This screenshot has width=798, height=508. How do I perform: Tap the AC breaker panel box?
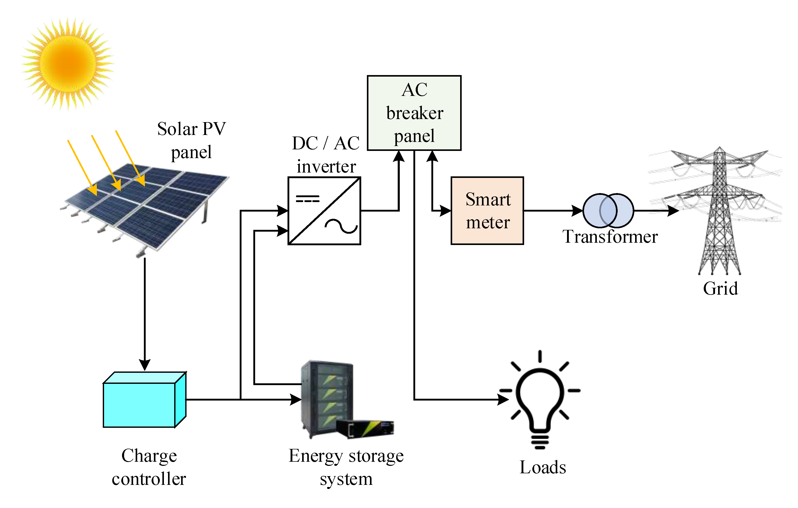tap(414, 113)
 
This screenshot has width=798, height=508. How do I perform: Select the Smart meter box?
tap(487, 211)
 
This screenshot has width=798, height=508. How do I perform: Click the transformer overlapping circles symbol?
tap(608, 211)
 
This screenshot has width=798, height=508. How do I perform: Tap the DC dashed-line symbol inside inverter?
tap(308, 199)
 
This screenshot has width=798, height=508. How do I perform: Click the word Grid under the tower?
tap(720, 288)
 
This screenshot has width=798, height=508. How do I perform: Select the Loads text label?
tap(543, 468)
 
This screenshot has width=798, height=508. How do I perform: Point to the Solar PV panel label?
tap(192, 140)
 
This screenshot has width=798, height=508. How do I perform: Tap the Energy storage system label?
tap(346, 467)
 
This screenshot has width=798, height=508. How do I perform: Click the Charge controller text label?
tap(149, 467)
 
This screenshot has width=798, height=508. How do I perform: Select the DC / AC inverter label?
tap(326, 155)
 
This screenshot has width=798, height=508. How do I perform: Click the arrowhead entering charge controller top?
tap(145, 365)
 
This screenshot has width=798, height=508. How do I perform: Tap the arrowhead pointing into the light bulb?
tap(504, 400)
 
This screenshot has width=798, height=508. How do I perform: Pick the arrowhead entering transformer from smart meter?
tap(577, 211)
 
